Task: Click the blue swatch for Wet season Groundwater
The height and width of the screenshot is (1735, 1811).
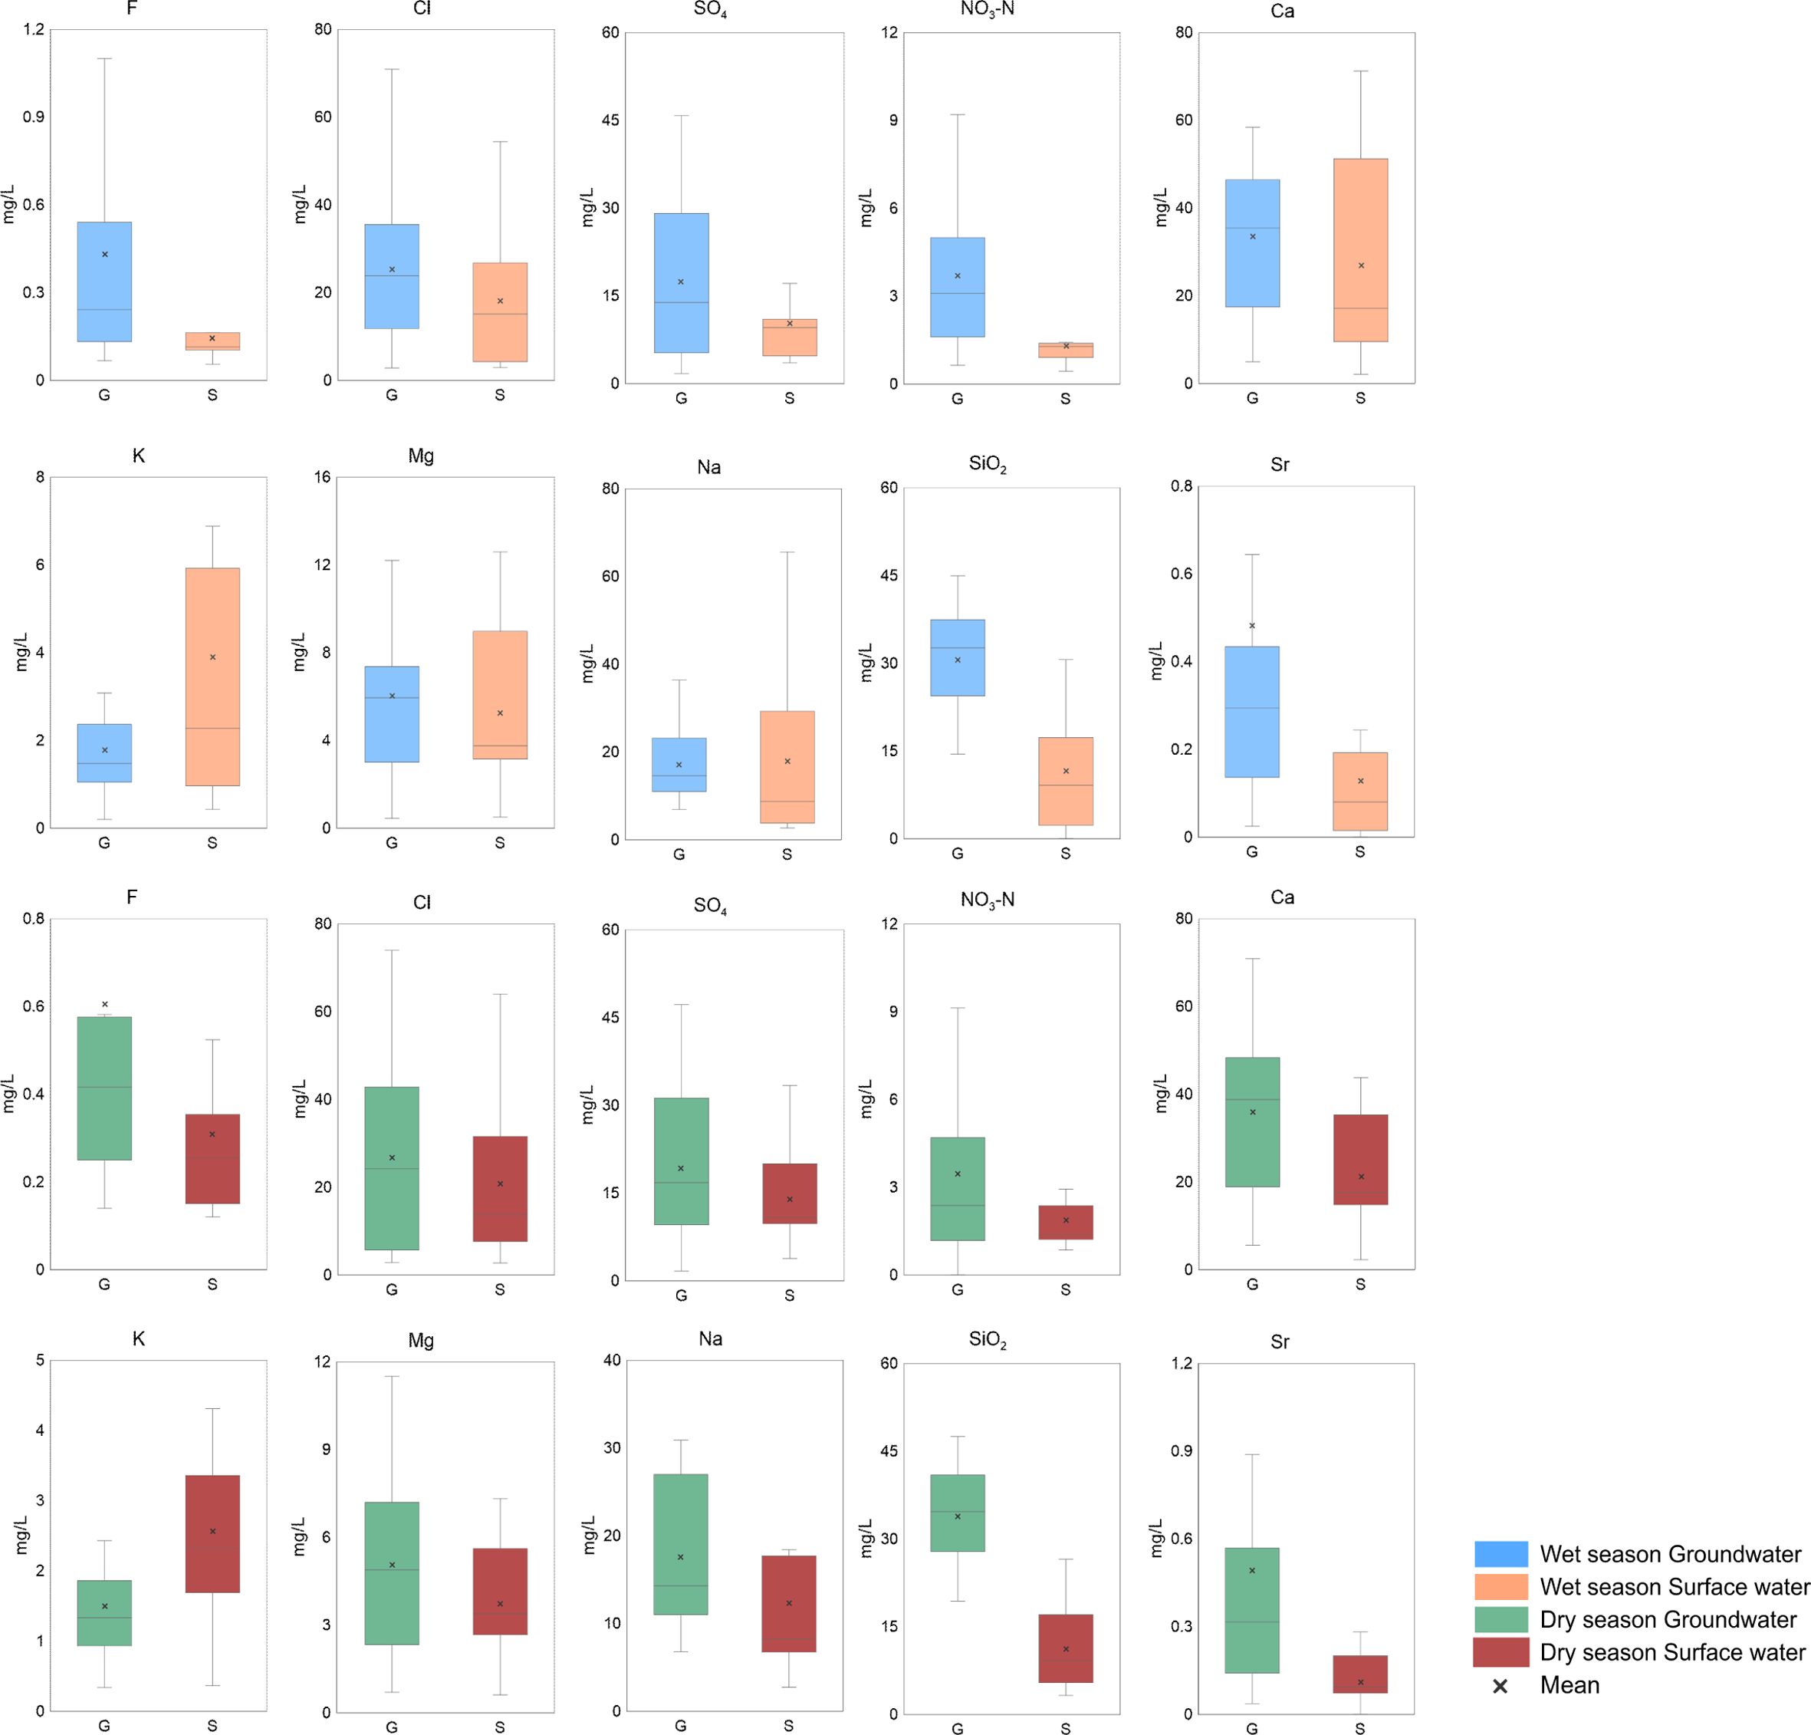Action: pyautogui.click(x=1500, y=1554)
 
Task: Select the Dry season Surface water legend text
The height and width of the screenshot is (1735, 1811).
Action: pyautogui.click(x=1672, y=1652)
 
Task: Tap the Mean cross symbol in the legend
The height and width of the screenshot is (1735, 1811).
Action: pyautogui.click(x=1500, y=1686)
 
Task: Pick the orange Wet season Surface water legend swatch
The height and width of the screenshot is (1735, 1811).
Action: pyautogui.click(x=1500, y=1586)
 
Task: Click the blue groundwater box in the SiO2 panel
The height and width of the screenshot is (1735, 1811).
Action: pyautogui.click(x=957, y=657)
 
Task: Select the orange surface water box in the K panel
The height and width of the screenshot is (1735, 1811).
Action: pyautogui.click(x=212, y=677)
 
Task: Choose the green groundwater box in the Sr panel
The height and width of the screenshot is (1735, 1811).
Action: pyautogui.click(x=1252, y=1609)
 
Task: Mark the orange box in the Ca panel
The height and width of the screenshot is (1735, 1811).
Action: pyautogui.click(x=1360, y=249)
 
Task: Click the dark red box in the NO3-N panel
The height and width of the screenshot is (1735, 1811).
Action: pyautogui.click(x=1065, y=1222)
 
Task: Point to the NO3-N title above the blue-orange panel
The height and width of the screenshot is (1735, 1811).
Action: pyautogui.click(x=987, y=11)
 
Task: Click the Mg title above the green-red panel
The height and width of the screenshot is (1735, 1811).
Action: pyautogui.click(x=422, y=1340)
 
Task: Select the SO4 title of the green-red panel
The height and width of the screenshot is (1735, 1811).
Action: pyautogui.click(x=710, y=906)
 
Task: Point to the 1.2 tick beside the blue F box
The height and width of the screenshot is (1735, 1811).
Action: pyautogui.click(x=33, y=30)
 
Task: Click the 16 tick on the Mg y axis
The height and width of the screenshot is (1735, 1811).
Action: pyautogui.click(x=321, y=478)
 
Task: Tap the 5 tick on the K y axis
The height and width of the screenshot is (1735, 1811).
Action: pyautogui.click(x=40, y=1361)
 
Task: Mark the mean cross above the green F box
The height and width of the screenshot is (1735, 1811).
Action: pyautogui.click(x=104, y=1004)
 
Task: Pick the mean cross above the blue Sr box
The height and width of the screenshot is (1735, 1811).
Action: pyautogui.click(x=1252, y=626)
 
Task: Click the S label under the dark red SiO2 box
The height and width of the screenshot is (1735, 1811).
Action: pyautogui.click(x=1065, y=1729)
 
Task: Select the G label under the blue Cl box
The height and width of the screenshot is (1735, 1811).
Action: pyautogui.click(x=392, y=396)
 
